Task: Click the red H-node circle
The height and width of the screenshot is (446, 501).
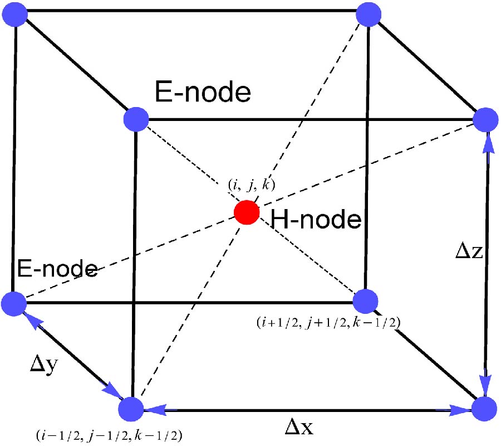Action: click(x=247, y=212)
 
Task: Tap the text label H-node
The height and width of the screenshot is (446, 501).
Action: click(x=316, y=221)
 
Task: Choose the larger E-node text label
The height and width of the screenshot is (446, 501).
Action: click(x=203, y=92)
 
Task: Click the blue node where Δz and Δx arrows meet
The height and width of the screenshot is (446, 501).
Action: click(x=483, y=408)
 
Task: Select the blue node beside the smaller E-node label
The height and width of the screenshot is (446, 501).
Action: click(x=14, y=304)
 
